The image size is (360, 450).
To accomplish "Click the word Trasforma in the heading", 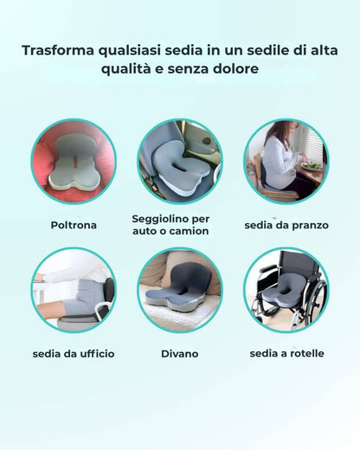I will pos(59,49).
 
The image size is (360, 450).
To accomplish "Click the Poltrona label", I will pos(73,225).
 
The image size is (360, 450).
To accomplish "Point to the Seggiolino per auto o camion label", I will pos(170,225).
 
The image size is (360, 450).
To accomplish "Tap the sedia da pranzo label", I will pos(286,225).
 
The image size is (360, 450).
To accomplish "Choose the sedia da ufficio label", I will pos(73,354).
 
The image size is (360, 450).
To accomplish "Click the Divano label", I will pos(179,354).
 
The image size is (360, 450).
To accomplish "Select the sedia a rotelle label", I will pos(286,354).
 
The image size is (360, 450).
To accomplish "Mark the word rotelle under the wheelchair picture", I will pos(304,354).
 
